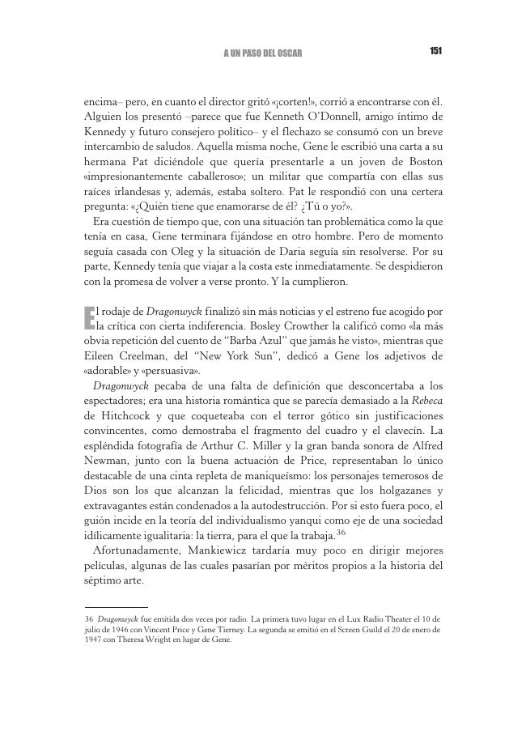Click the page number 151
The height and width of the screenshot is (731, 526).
435,52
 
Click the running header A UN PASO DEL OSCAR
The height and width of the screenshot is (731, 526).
262,53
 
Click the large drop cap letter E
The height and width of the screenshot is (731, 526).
89,317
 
